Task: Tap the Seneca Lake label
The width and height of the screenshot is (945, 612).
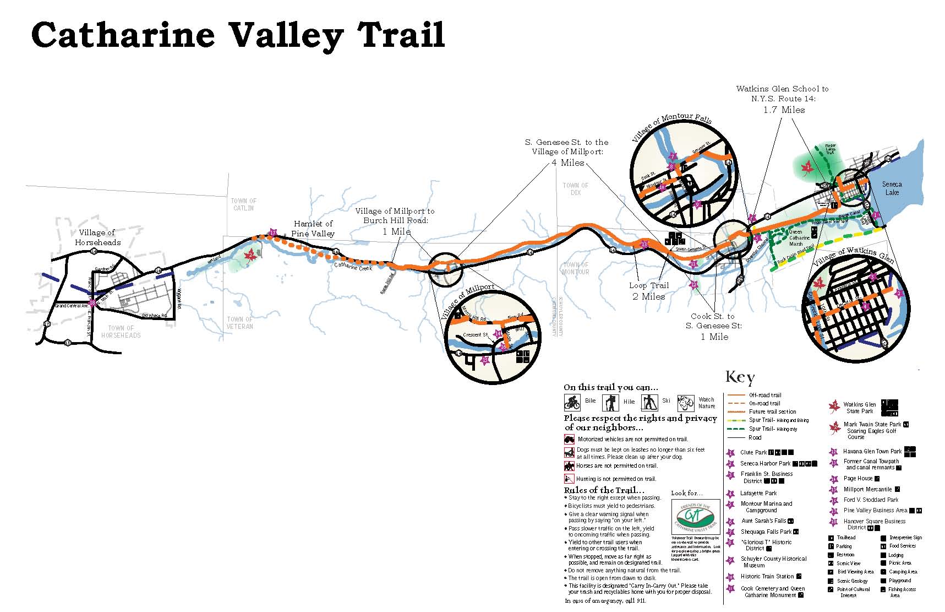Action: (x=892, y=188)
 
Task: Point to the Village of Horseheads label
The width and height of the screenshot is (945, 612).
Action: (x=97, y=237)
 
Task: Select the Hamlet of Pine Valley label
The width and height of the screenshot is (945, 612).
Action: (x=313, y=228)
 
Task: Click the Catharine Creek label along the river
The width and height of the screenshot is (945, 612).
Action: (x=353, y=267)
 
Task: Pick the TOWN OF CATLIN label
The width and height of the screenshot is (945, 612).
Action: (x=243, y=204)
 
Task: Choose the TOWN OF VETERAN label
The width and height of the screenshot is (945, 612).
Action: (x=240, y=323)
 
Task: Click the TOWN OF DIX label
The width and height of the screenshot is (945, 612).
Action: (x=575, y=189)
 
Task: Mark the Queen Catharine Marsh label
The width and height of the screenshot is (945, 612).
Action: (x=799, y=238)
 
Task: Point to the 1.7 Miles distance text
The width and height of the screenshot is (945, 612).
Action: (x=784, y=110)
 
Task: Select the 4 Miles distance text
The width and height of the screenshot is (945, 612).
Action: (x=567, y=163)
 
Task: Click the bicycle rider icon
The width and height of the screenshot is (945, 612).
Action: (x=572, y=403)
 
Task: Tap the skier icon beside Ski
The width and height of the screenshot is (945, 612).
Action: (x=650, y=403)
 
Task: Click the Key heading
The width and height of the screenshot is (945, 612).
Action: (x=740, y=377)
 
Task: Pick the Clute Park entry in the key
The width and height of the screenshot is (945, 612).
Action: (x=753, y=452)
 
